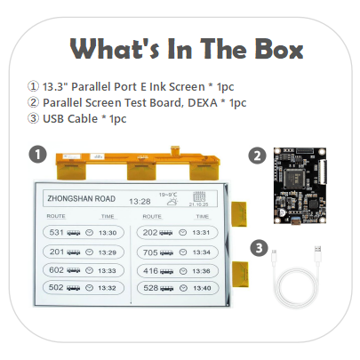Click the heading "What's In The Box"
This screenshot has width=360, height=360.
tap(180, 48)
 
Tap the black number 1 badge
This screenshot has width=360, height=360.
tap(37, 153)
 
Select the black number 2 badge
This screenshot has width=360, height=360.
tap(257, 155)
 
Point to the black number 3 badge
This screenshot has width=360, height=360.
tap(257, 246)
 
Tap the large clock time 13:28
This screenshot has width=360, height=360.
tap(139, 202)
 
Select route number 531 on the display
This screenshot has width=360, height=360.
tap(56, 233)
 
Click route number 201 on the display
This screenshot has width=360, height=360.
tap(56, 252)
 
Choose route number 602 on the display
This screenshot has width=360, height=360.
tap(56, 269)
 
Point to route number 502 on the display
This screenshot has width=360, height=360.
tap(56, 288)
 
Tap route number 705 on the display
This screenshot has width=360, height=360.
tap(150, 252)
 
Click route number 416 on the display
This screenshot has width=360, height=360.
tap(150, 269)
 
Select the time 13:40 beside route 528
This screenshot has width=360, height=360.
tap(202, 288)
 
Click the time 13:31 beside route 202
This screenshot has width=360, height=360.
tap(202, 233)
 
